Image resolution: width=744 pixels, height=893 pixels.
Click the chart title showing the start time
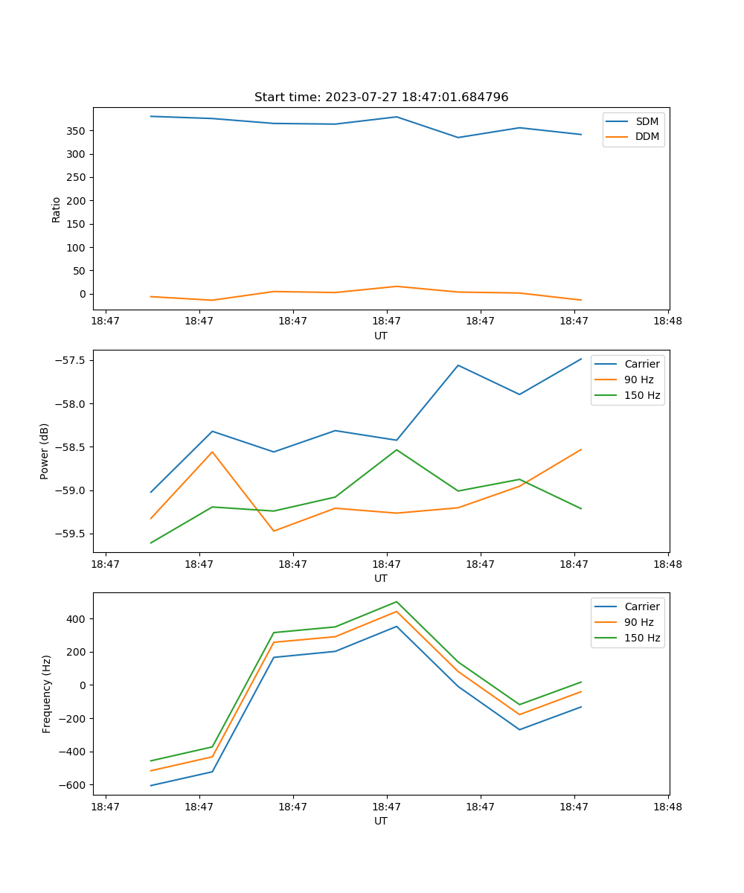(x=381, y=97)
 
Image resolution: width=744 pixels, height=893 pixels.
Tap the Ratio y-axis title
(x=57, y=209)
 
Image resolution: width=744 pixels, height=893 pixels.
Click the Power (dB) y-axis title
(x=45, y=451)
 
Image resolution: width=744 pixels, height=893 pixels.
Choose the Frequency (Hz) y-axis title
(x=47, y=694)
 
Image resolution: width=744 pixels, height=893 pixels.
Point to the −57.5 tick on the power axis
(x=69, y=360)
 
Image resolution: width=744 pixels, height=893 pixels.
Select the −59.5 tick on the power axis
(x=69, y=534)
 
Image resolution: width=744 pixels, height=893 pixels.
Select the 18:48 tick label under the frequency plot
(x=667, y=806)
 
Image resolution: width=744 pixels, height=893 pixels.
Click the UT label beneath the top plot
(x=381, y=336)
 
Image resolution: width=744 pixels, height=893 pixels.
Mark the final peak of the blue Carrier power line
(x=581, y=359)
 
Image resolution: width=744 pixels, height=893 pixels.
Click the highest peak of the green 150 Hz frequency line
(x=397, y=601)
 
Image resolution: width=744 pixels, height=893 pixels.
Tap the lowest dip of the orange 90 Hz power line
(x=274, y=531)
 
